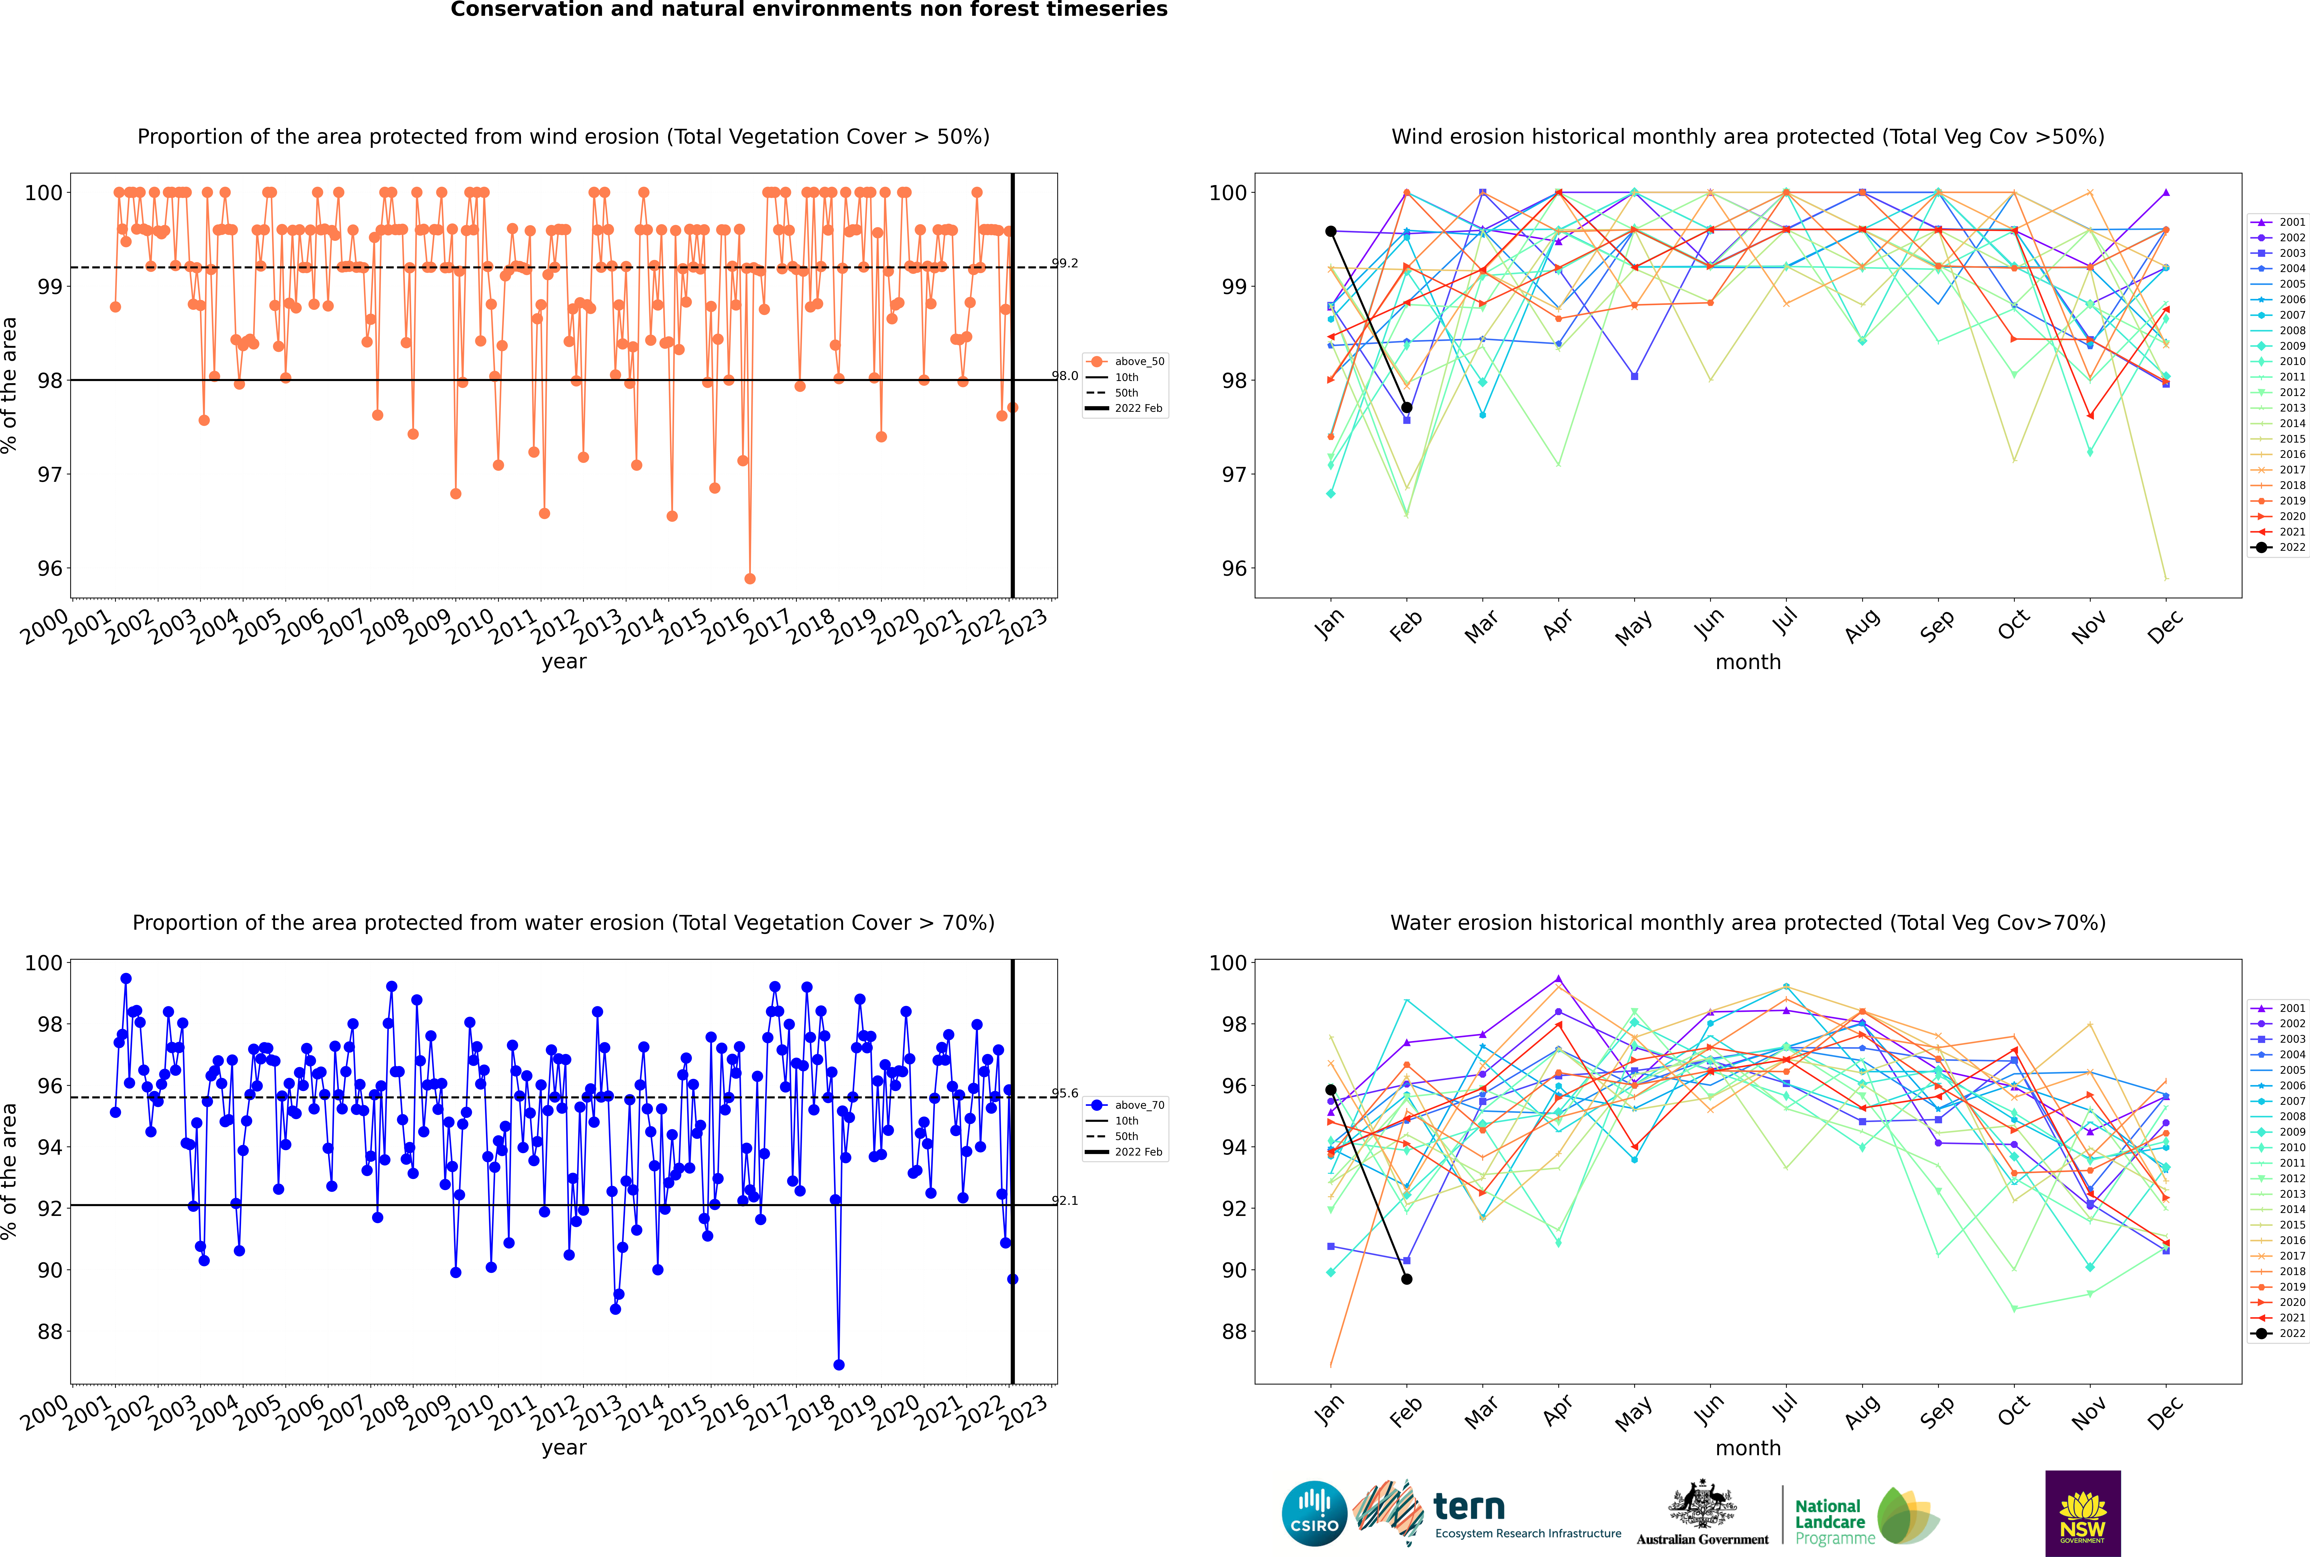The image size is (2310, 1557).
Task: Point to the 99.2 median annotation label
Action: click(1065, 263)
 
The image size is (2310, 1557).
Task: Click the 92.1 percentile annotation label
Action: click(1065, 1200)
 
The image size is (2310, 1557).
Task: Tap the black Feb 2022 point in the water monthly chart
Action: click(1406, 1279)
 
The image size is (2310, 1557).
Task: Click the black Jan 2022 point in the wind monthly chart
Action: click(1331, 231)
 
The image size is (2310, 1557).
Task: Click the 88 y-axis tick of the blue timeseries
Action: click(50, 1332)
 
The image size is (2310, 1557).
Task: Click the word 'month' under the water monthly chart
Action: click(1748, 1448)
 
